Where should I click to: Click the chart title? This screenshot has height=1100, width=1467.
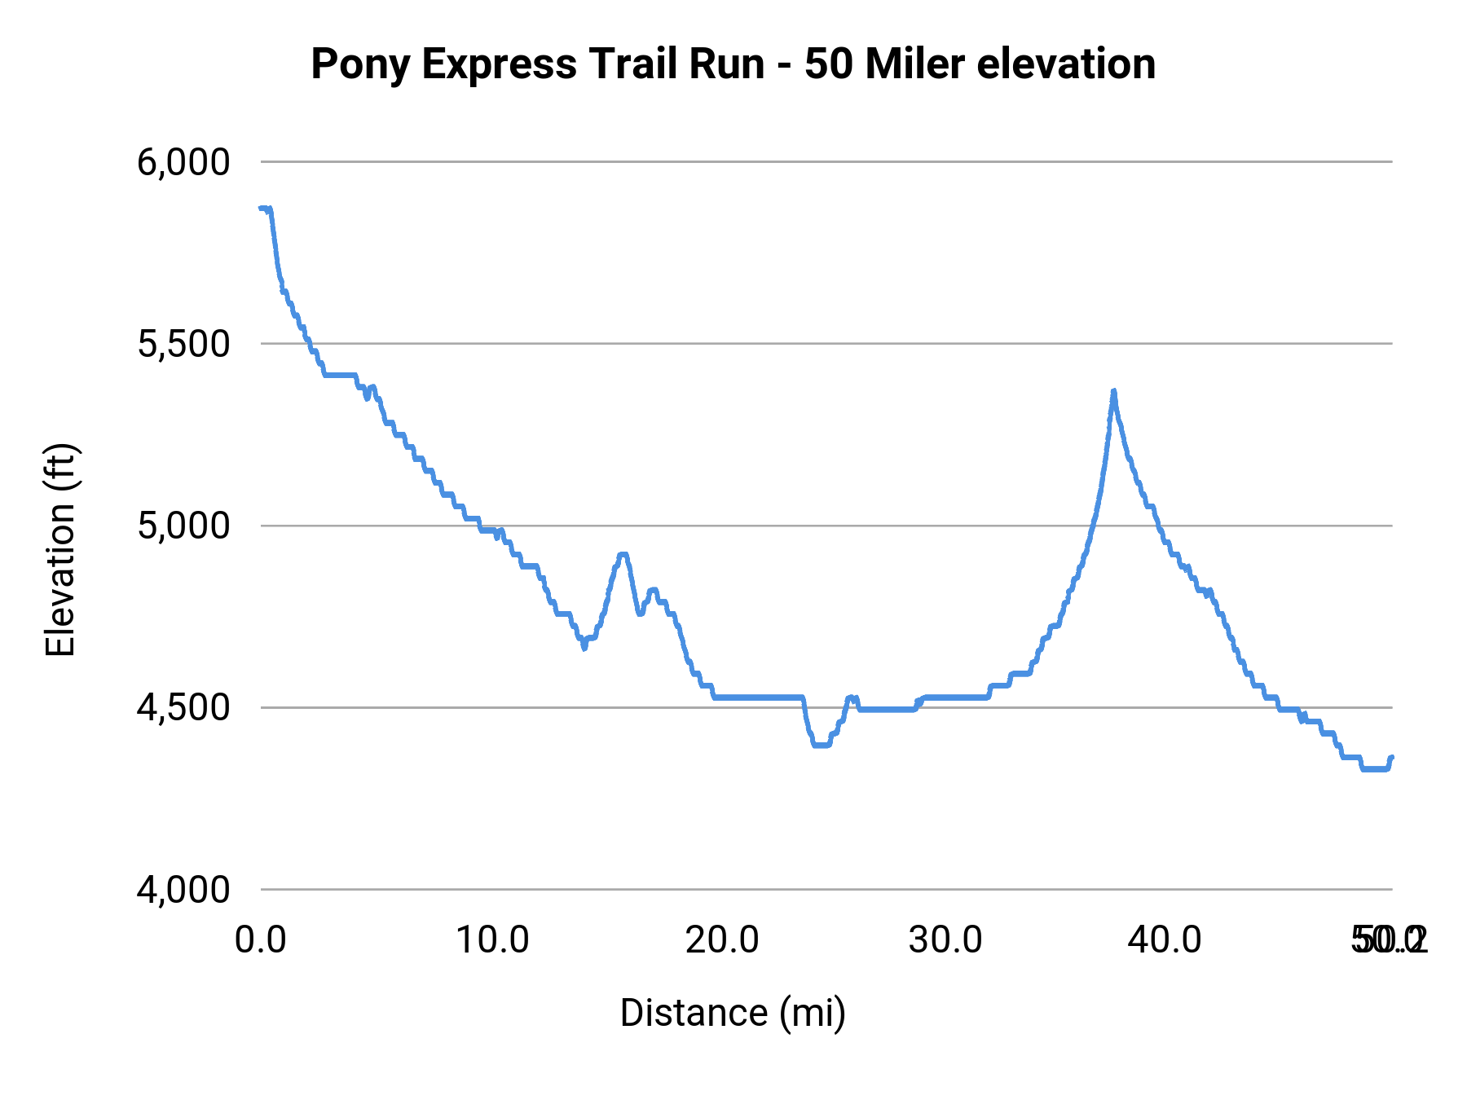point(733,64)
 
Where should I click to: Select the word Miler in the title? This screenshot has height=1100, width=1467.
point(915,64)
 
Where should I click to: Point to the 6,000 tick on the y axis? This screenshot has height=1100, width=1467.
point(183,162)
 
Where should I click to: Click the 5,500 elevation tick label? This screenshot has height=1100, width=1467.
point(183,344)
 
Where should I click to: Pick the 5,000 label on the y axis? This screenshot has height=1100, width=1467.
point(183,526)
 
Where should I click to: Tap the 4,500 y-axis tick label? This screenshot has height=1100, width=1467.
point(183,707)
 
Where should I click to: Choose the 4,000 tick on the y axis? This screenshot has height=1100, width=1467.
point(183,889)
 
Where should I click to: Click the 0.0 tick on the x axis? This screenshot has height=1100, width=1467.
point(261,940)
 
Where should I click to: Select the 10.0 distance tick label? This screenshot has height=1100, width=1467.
point(492,940)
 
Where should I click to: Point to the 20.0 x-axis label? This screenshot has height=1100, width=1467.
point(722,940)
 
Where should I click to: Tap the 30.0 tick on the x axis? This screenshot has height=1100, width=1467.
point(945,940)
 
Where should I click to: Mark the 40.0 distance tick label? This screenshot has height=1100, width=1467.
point(1165,940)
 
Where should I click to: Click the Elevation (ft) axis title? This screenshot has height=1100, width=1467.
point(60,550)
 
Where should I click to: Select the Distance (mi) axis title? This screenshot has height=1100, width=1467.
point(733,1013)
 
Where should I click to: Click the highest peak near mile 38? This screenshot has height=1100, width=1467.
point(1113,392)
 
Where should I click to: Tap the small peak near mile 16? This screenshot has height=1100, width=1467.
point(623,555)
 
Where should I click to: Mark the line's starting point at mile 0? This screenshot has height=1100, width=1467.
point(262,209)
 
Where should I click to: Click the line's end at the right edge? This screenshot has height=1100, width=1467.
point(1392,758)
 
